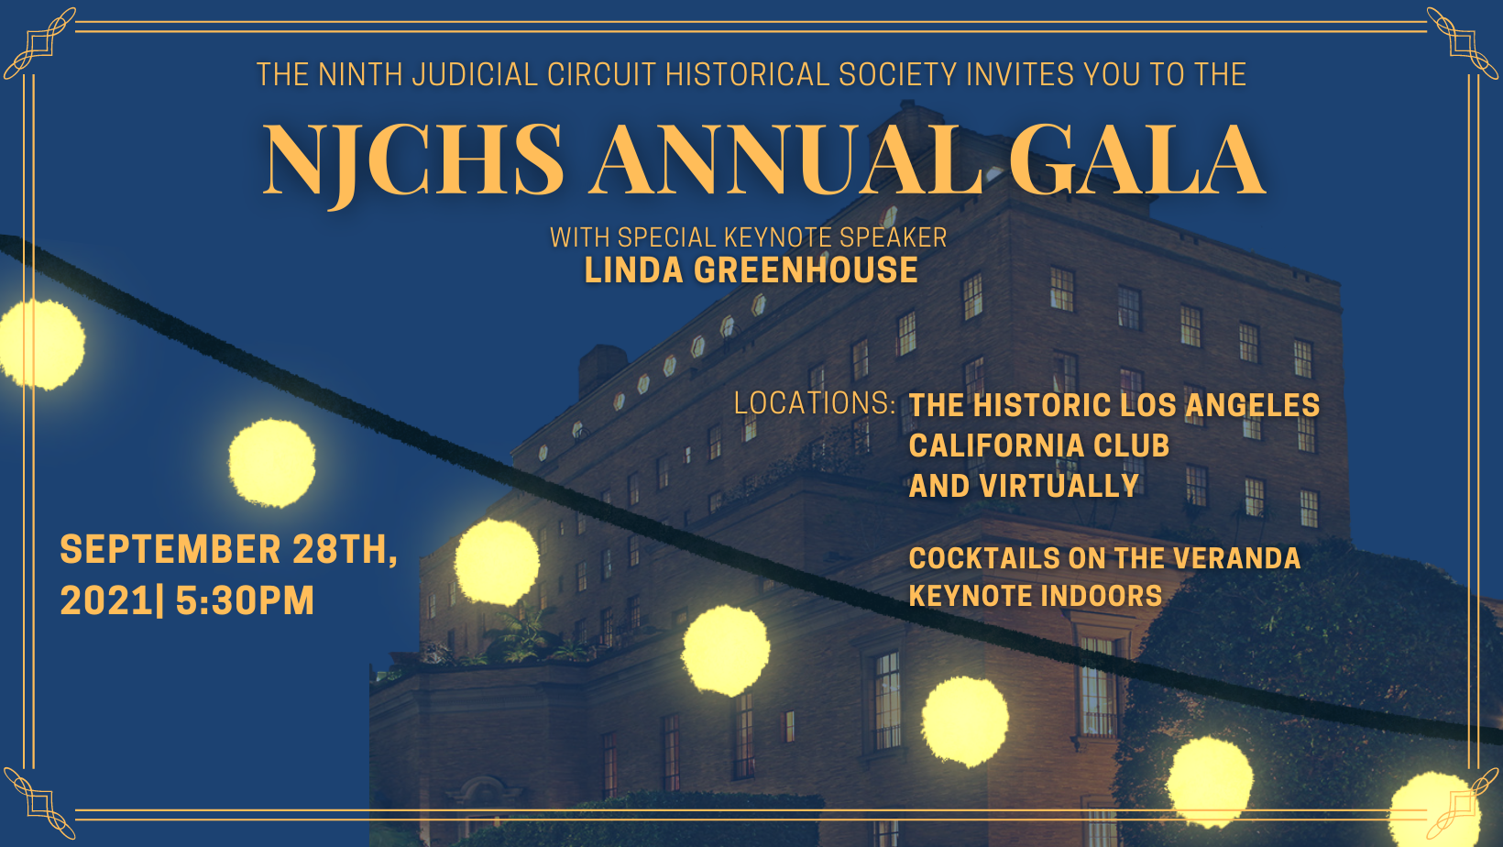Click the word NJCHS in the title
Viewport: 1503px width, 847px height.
(412, 161)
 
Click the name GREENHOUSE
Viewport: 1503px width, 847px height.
(806, 270)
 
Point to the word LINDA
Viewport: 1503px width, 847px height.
(633, 270)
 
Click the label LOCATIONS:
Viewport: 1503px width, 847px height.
(816, 403)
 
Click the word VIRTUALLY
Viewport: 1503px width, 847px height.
(1059, 487)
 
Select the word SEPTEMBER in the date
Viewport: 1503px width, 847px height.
(170, 550)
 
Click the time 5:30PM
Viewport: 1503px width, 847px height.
(245, 600)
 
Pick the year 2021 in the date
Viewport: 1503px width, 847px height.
(106, 600)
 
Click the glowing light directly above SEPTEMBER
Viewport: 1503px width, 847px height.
(272, 462)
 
